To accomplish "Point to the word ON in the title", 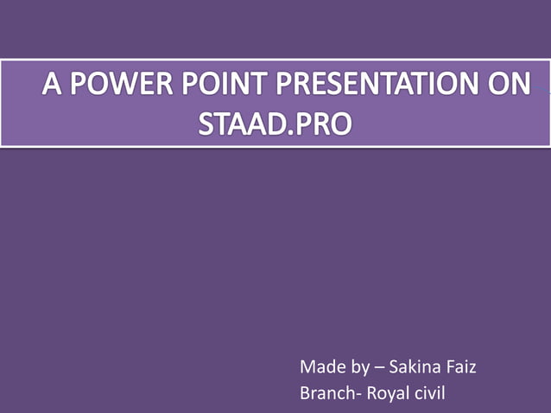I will click(x=509, y=86).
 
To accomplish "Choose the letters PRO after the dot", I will click(x=325, y=124).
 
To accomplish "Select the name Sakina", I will click(x=415, y=367).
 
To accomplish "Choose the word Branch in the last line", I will click(x=326, y=394).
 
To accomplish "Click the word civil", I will click(x=427, y=394).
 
